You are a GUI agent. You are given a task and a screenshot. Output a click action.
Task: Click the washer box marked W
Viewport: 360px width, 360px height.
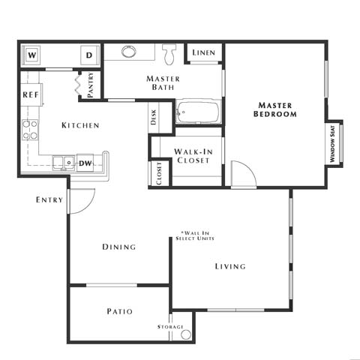click(x=33, y=55)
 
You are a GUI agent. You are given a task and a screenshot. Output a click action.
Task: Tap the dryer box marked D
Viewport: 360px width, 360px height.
click(x=88, y=55)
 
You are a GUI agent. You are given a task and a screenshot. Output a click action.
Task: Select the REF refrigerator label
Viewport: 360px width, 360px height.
click(x=30, y=95)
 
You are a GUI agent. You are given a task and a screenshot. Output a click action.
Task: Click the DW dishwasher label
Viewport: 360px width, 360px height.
click(x=85, y=162)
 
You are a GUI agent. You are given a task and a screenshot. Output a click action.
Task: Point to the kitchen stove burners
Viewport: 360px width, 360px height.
click(x=30, y=130)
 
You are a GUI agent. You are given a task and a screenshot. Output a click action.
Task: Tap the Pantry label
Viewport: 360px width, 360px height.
click(x=91, y=84)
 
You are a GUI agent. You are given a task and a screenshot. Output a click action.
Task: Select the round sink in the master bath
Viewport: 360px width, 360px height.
click(x=129, y=52)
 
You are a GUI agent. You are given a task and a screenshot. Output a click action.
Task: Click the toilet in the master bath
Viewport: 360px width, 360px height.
click(x=169, y=52)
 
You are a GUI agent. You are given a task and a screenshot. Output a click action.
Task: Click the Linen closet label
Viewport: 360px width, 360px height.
click(x=204, y=52)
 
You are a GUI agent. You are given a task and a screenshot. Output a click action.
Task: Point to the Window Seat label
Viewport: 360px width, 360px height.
click(x=332, y=143)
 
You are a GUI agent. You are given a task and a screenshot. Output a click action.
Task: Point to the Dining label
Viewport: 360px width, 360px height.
click(x=118, y=247)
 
